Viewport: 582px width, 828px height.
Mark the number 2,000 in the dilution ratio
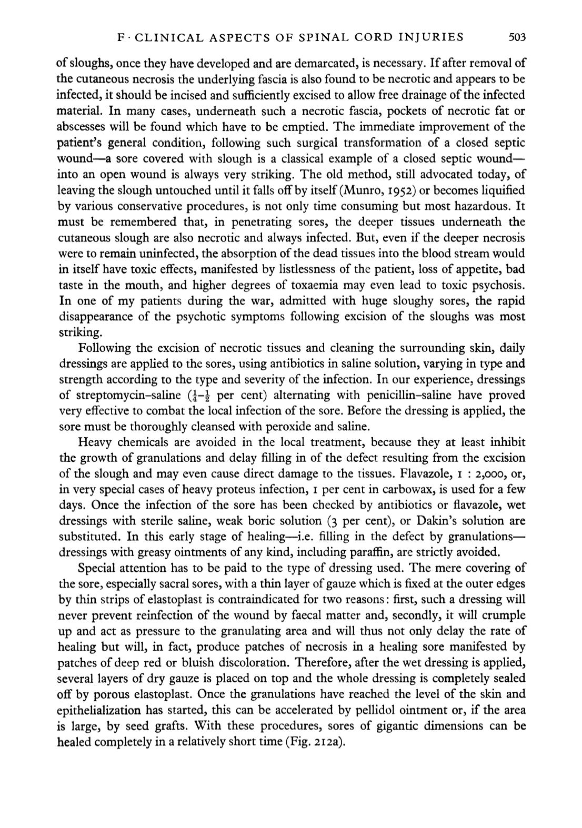tap(491, 474)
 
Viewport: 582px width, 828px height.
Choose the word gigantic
tap(415, 726)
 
